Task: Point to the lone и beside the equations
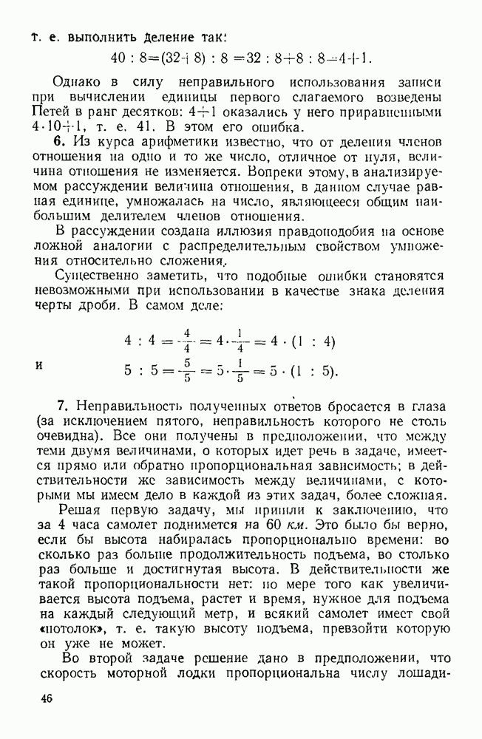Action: click(38, 364)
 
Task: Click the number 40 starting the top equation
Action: click(118, 59)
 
